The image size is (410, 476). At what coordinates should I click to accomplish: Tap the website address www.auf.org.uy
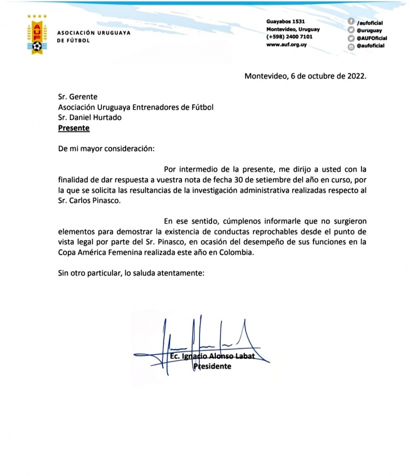pyautogui.click(x=286, y=45)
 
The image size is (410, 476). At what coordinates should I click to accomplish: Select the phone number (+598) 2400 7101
pyautogui.click(x=289, y=37)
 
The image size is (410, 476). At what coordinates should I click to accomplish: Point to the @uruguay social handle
pyautogui.click(x=369, y=30)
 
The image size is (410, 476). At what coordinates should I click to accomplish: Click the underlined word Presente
pyautogui.click(x=74, y=129)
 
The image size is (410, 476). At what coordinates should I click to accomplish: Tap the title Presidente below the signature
pyautogui.click(x=213, y=366)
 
